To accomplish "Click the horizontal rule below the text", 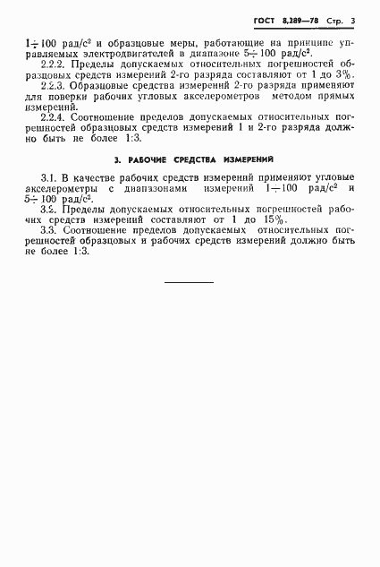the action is pos(189,282).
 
